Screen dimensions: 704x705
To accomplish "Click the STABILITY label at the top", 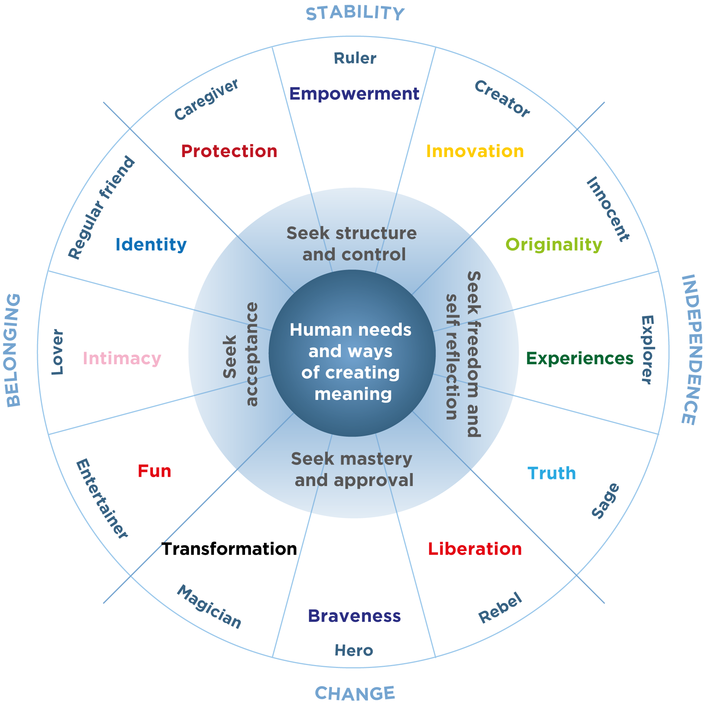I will point(355,13).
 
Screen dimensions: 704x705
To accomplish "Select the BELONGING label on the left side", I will point(13,351).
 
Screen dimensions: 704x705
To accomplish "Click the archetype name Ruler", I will point(355,58).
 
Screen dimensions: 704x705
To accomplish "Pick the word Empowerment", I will point(354,94).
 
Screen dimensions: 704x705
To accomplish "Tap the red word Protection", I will point(229,151).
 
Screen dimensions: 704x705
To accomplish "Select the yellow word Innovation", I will point(475,151).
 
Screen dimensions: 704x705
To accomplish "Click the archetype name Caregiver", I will point(206,100).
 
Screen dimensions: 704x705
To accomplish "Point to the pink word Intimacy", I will point(122,358).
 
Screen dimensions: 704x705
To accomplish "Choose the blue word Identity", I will point(151,244).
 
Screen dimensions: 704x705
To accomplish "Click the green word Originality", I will point(554,245).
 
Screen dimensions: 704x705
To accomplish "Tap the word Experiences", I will point(580,358).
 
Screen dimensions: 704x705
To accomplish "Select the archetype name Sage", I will point(605,500).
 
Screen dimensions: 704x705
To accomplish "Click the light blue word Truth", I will point(552,473).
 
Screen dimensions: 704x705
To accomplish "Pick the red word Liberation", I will point(475,549).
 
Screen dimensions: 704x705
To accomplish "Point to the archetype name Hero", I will point(354,651).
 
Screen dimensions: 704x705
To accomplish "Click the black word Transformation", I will point(229,549).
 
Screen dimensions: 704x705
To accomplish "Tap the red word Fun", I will point(154,471).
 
